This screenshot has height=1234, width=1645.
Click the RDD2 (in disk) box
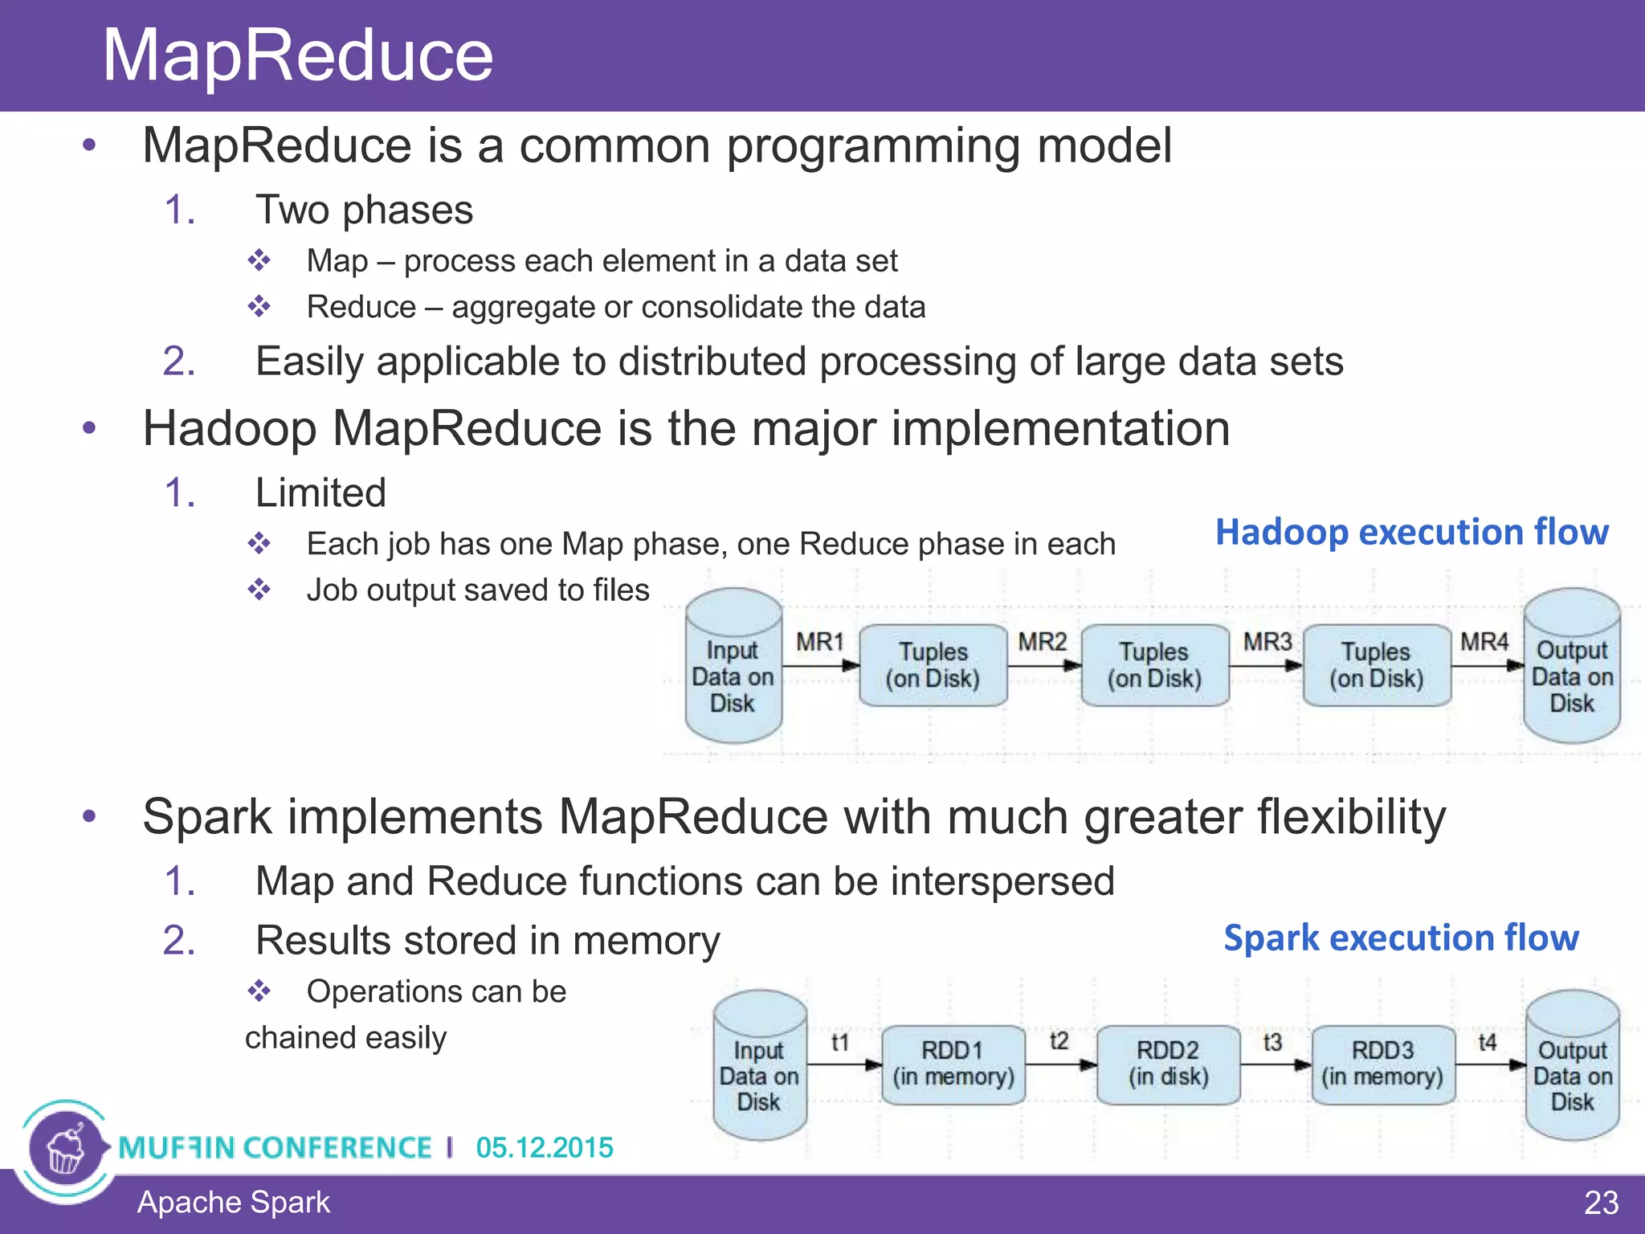[1168, 1064]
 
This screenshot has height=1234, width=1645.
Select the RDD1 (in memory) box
[953, 1064]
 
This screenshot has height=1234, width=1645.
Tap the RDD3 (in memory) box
[1382, 1064]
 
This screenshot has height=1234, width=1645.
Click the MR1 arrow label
[819, 642]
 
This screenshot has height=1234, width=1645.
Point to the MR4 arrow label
[1484, 642]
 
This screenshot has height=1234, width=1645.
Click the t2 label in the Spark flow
[1059, 1041]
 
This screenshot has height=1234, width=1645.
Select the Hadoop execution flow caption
[1411, 532]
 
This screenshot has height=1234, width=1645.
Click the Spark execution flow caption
[1401, 938]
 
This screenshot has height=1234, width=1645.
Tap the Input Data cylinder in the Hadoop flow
[733, 667]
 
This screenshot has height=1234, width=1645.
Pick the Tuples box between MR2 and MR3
[1154, 665]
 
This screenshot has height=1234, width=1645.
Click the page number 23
[1600, 1203]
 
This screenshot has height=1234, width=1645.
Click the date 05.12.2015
[544, 1147]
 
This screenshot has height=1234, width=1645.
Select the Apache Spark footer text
[233, 1203]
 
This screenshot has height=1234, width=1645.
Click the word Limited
[320, 492]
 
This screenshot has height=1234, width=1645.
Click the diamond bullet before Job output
[259, 590]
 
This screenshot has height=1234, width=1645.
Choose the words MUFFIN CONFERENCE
[275, 1147]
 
